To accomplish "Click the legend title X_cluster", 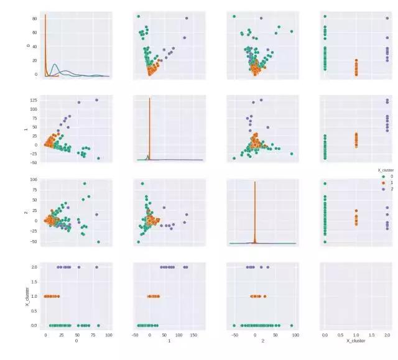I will [386, 169].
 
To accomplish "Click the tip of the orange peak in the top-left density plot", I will [45, 14].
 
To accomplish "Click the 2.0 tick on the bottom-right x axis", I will [387, 335].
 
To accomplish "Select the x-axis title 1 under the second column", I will [169, 342].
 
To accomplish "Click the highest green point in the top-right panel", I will [325, 16].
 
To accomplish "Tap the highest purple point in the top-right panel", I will [387, 18].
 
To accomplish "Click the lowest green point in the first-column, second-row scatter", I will [98, 159].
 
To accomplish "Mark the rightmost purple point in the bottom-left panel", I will [96, 267].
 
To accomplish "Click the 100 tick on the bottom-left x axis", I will [109, 335].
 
